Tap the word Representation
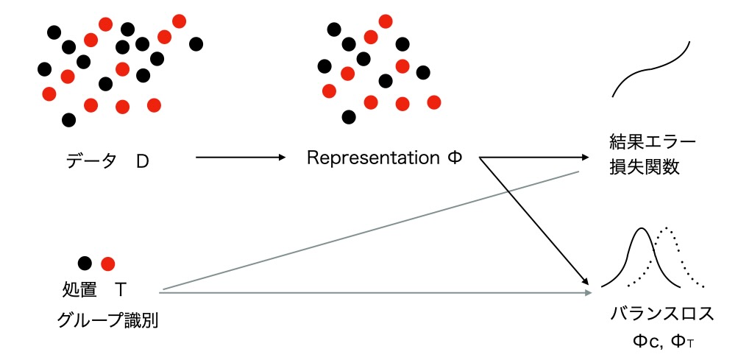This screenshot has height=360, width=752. click(x=372, y=158)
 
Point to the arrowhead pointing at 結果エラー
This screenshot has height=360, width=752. click(x=586, y=158)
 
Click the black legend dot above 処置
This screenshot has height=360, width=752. click(x=85, y=263)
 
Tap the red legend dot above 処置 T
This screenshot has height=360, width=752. click(x=108, y=263)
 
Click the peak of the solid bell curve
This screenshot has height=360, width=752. click(x=640, y=230)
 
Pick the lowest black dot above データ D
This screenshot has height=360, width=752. click(x=69, y=119)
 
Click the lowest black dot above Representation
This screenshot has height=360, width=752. click(x=350, y=116)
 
